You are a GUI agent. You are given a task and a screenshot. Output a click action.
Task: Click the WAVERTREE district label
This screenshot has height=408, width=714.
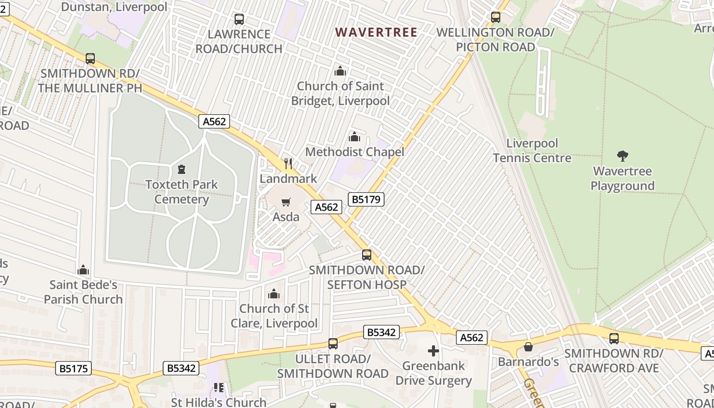pos(376,33)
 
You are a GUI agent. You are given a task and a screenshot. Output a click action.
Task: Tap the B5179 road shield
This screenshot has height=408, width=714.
pos(366,199)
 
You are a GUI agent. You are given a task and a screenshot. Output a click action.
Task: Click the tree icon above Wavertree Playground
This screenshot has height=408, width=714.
pos(622,156)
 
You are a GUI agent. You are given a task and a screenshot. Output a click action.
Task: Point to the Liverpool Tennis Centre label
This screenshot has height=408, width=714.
pos(532,150)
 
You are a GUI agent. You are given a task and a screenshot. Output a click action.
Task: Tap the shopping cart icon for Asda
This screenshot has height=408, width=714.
pos(286,202)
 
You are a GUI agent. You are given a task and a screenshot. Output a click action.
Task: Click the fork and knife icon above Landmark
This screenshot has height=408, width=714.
pos(288,164)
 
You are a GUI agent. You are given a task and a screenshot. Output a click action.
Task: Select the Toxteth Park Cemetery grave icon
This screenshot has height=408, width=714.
pos(181,169)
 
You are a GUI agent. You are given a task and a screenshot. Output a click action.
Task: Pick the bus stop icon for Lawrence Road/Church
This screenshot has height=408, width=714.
pos(239,19)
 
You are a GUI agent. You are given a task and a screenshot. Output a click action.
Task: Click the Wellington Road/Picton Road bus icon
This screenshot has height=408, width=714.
pos(495,17)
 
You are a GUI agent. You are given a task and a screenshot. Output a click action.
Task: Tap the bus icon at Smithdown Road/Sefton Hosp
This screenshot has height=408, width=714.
pos(366,255)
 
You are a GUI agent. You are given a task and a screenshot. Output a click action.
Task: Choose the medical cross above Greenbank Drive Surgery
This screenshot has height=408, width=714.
pos(433,351)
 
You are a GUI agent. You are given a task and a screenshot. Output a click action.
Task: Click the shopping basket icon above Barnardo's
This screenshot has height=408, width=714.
pos(528,347)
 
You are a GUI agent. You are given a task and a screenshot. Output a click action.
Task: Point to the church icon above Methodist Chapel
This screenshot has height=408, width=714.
pos(354,137)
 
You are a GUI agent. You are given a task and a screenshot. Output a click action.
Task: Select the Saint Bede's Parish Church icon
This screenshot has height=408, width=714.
pos(83,270)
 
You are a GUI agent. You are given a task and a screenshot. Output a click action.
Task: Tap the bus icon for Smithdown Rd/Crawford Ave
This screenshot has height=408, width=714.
pos(614,338)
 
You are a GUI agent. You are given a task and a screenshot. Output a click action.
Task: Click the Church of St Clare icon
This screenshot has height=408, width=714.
pos(274,294)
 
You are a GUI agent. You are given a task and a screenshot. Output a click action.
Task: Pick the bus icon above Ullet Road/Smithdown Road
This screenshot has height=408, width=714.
pos(333,344)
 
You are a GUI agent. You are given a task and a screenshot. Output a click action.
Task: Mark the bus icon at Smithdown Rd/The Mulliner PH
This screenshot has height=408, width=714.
pos(90,58)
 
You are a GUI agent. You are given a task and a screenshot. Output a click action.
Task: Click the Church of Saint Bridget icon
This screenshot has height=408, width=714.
pos(340,71)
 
